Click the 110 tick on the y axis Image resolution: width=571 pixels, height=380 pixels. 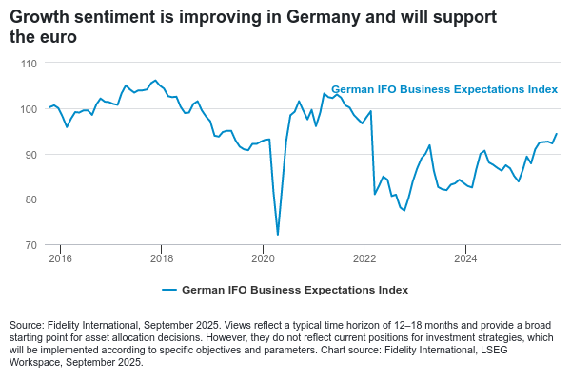pos(28,63)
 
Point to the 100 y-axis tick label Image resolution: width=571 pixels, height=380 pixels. pos(28,108)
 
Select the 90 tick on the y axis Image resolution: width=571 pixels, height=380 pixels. pos(30,154)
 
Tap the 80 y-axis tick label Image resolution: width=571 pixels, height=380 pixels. pos(30,199)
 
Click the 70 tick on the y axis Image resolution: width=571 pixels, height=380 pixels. pos(30,245)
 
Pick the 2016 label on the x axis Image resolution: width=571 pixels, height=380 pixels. pos(60,257)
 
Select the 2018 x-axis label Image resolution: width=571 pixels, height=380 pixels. pos(162,257)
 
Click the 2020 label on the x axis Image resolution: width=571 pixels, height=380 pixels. pos(263,257)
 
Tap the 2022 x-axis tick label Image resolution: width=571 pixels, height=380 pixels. pos(364,257)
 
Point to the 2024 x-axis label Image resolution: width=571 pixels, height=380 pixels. pos(465,257)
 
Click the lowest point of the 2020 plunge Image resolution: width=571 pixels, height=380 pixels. pos(277,235)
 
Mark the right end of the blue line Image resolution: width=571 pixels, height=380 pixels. pos(557,133)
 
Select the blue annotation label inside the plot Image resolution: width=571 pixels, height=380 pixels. pos(443,89)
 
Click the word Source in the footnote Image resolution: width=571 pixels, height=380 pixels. pos(27,326)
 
